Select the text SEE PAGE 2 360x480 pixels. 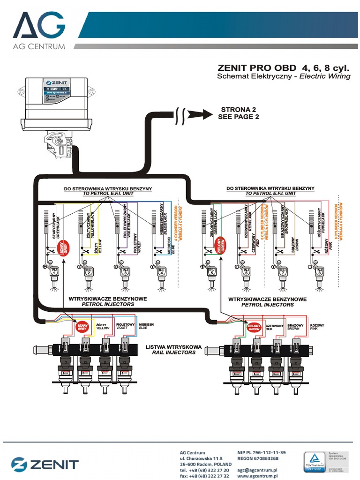click(238, 117)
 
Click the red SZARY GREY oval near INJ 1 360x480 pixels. click(61, 247)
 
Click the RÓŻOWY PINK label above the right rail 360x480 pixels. click(317, 327)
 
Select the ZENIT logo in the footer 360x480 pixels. click(45, 465)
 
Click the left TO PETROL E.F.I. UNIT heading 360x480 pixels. click(108, 193)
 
